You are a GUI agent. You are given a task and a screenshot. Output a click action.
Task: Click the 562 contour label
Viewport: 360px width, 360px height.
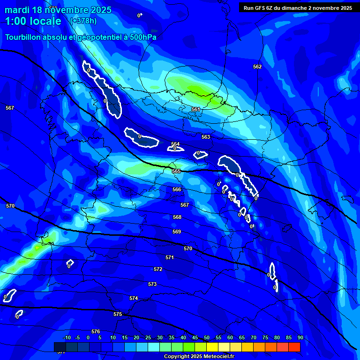(x=257, y=67)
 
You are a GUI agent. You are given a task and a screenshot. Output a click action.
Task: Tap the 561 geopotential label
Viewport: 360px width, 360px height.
(x=196, y=109)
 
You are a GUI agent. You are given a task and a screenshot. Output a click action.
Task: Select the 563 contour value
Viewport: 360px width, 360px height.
(x=206, y=137)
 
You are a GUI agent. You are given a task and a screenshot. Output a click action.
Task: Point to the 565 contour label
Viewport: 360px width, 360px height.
(x=176, y=171)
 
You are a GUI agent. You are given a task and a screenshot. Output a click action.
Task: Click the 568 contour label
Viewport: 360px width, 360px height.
(x=177, y=217)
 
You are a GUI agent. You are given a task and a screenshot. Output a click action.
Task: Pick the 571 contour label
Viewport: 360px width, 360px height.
(x=170, y=257)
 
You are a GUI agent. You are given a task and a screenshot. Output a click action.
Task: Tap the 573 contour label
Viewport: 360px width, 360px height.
(x=152, y=284)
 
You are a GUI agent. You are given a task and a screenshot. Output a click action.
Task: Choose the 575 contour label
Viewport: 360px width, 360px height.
(x=118, y=314)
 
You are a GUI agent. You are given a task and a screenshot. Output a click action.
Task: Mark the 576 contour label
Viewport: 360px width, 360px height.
(x=96, y=331)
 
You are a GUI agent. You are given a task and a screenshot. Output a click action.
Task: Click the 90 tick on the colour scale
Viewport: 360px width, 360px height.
(x=300, y=337)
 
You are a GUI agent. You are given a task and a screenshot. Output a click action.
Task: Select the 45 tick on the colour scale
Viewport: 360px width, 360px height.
(x=195, y=337)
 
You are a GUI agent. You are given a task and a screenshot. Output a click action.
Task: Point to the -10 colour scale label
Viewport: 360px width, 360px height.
(x=67, y=337)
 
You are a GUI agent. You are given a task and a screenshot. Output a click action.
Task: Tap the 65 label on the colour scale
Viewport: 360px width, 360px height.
(x=242, y=337)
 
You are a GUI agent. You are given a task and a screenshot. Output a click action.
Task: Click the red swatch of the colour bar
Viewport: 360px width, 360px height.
(x=294, y=347)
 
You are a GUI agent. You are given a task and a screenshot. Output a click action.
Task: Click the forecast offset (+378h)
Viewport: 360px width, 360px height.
(x=83, y=21)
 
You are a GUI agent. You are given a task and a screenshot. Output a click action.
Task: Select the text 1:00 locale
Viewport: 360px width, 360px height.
(x=33, y=21)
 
